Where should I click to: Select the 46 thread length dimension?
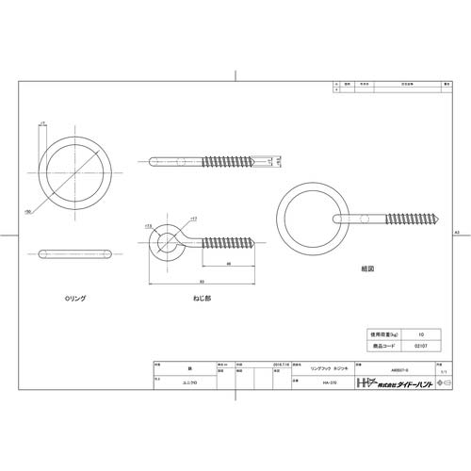[x=231, y=265]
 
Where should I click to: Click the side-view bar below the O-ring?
[x=74, y=253]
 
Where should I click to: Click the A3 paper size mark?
[x=456, y=231]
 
